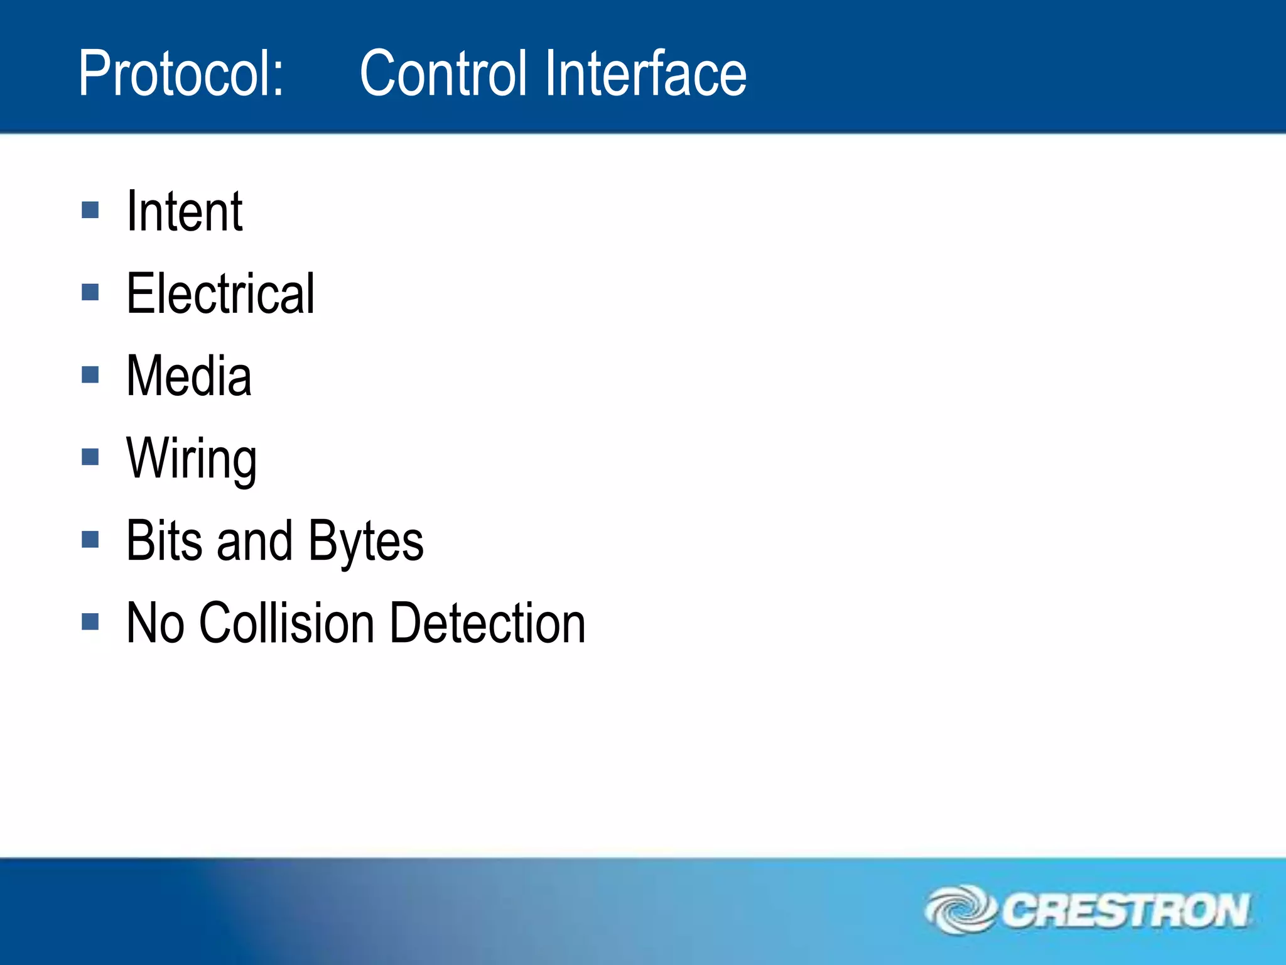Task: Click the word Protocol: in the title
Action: point(181,74)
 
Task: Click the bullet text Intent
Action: point(184,212)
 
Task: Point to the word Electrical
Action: point(220,294)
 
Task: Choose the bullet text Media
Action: point(188,376)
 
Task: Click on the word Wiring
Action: point(192,459)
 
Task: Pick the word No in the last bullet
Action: point(155,623)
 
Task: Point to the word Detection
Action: point(487,623)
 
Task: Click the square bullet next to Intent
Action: point(90,210)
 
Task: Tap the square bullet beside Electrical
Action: point(90,292)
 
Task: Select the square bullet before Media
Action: point(90,374)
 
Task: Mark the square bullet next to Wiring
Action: point(90,457)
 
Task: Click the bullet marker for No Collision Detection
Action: point(90,622)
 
